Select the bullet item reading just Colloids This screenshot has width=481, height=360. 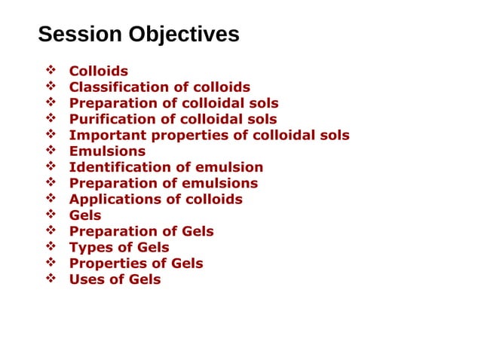point(99,72)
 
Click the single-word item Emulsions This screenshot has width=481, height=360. point(107,151)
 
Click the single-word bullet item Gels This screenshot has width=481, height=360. point(85,215)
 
